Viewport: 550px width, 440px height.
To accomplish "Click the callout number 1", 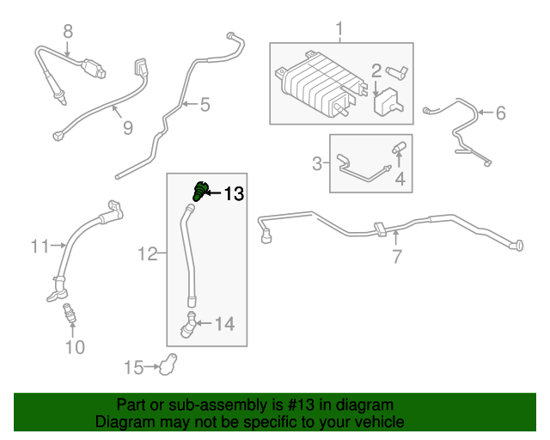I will [x=339, y=32].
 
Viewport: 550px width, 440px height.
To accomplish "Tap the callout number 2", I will [x=376, y=70].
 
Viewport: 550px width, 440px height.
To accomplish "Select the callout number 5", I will [x=205, y=106].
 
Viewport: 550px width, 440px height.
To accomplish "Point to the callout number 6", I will [x=501, y=112].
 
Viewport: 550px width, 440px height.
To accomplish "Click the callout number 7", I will [x=396, y=256].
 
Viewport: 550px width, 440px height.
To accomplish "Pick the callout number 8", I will [x=68, y=32].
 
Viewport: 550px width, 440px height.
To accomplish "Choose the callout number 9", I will [x=127, y=128].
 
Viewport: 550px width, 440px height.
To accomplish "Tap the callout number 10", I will [x=75, y=347].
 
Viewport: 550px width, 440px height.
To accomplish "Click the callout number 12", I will [x=147, y=254].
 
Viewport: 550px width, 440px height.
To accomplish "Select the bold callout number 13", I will [x=234, y=194].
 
